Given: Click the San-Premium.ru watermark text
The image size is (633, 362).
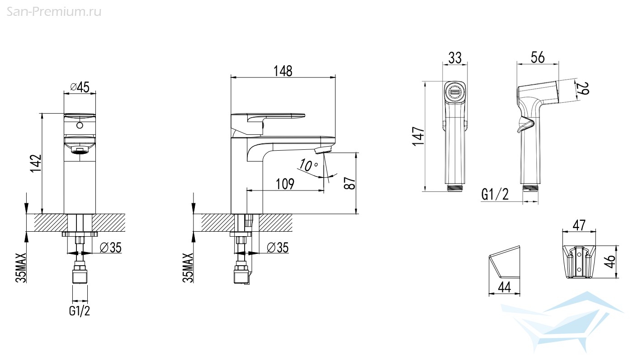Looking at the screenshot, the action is click(54, 12).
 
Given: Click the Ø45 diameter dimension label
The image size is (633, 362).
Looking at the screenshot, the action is click(80, 87).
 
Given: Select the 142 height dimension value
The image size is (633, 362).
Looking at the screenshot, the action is click(36, 163).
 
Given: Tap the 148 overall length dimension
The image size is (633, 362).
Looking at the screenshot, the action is click(283, 71).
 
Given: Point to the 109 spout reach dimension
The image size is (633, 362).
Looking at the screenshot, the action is click(285, 184).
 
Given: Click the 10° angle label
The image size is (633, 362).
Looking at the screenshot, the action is click(308, 165).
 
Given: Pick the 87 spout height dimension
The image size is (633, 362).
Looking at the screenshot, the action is click(350, 183).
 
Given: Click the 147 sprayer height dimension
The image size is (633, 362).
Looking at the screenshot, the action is click(419, 136).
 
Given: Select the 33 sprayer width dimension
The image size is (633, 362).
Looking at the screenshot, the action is click(455, 58).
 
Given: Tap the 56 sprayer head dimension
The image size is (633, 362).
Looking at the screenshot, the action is click(538, 57).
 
